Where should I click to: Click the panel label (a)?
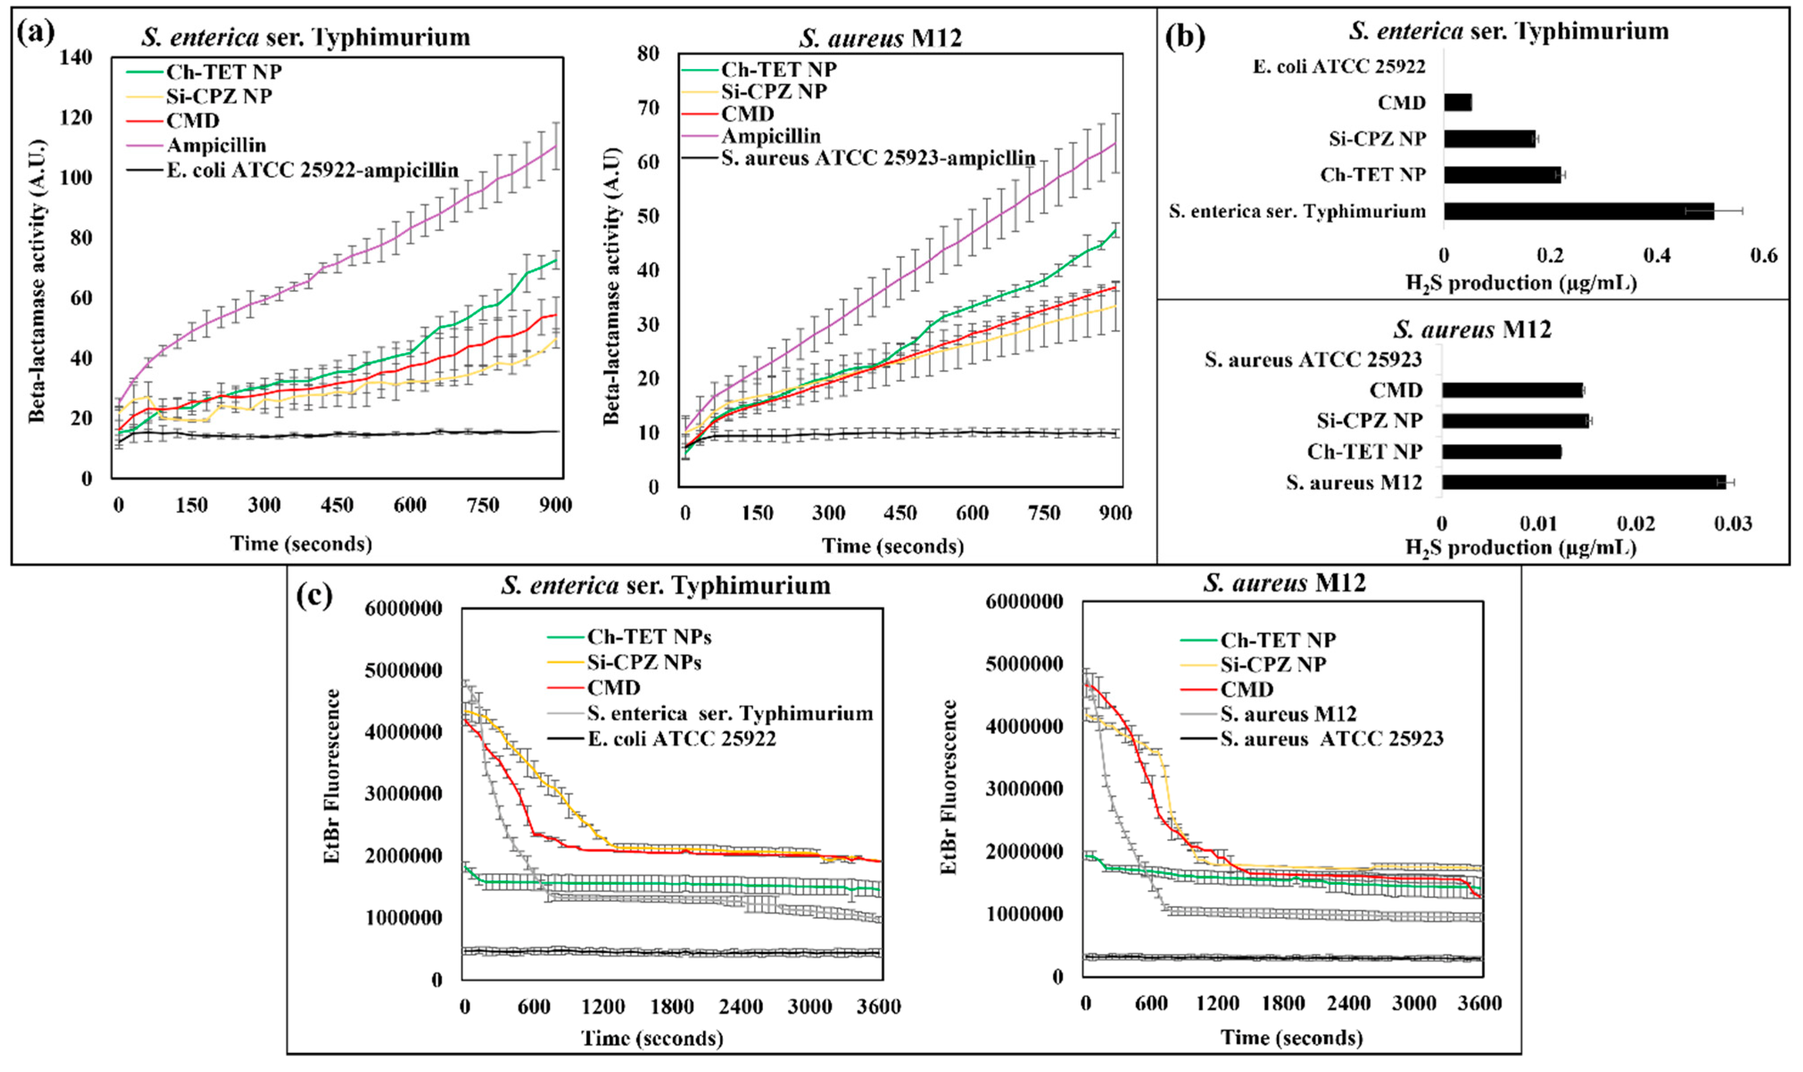click(x=35, y=33)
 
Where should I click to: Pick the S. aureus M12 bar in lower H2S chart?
click(x=1583, y=482)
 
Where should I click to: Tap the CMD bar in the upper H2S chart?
click(x=1457, y=103)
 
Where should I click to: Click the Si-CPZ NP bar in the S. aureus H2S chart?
click(x=1514, y=420)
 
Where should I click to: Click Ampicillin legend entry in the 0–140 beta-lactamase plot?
click(x=216, y=145)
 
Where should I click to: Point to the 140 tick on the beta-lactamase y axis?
click(x=75, y=57)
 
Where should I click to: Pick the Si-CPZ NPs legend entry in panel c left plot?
click(x=643, y=661)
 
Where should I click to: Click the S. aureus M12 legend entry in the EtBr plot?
click(x=1288, y=714)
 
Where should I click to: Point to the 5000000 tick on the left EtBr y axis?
click(x=403, y=670)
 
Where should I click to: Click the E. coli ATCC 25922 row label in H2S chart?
click(x=1338, y=66)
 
